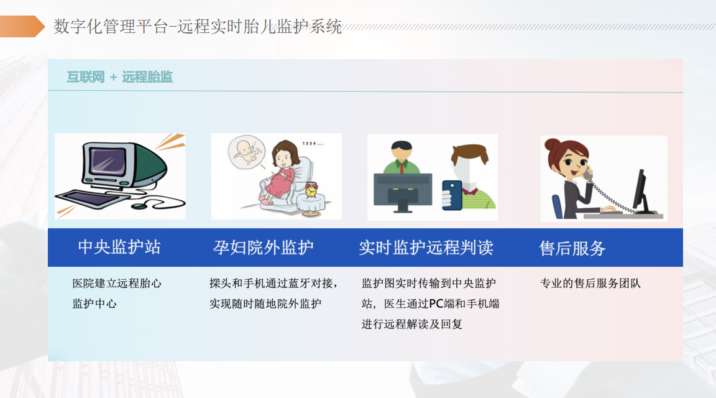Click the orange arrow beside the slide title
pyautogui.click(x=22, y=26)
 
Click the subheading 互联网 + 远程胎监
pyautogui.click(x=119, y=76)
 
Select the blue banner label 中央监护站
pyautogui.click(x=119, y=247)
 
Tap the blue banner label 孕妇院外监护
pyautogui.click(x=264, y=248)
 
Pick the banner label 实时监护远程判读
pyautogui.click(x=426, y=248)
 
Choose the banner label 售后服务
pyautogui.click(x=572, y=248)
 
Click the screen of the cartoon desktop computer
pyautogui.click(x=108, y=161)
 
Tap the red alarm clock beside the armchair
pyautogui.click(x=311, y=189)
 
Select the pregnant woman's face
pyautogui.click(x=283, y=159)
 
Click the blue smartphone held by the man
pyautogui.click(x=452, y=195)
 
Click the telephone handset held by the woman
pyautogui.click(x=587, y=173)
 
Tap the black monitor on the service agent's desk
pyautogui.click(x=641, y=192)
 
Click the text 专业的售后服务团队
pyautogui.click(x=590, y=284)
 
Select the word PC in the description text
pyautogui.click(x=436, y=303)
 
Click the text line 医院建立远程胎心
pyautogui.click(x=117, y=284)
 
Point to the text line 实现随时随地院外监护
pyautogui.click(x=265, y=303)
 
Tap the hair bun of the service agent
pyautogui.click(x=552, y=144)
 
